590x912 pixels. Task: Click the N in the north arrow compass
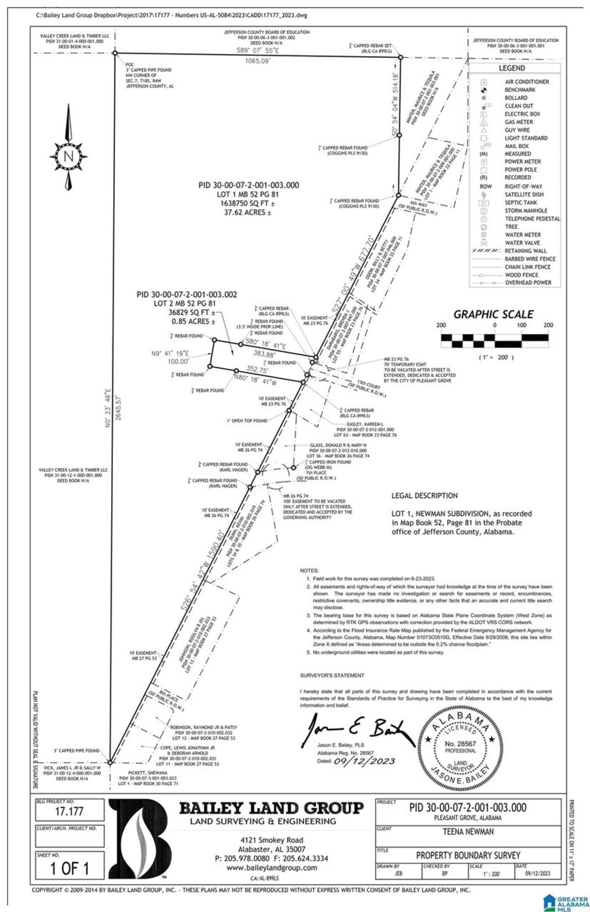pyautogui.click(x=68, y=157)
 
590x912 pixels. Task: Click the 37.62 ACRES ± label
pyautogui.click(x=247, y=213)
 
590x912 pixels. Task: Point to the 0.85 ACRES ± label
pyautogui.click(x=193, y=322)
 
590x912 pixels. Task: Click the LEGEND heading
pyautogui.click(x=511, y=68)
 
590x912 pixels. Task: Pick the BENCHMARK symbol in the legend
pyautogui.click(x=483, y=90)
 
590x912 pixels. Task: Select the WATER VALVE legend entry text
pyautogui.click(x=522, y=243)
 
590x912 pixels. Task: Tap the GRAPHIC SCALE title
pyautogui.click(x=493, y=315)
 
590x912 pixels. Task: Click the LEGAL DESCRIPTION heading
pyautogui.click(x=424, y=496)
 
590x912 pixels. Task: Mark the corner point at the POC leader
pyautogui.click(x=115, y=53)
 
